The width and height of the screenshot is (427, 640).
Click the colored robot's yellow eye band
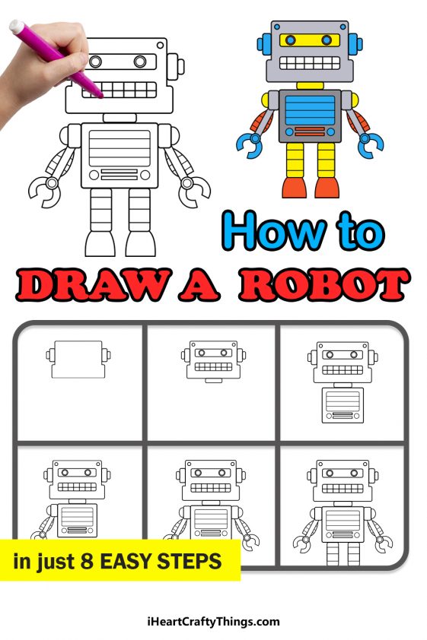(x=308, y=40)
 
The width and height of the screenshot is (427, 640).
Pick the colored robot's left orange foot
(x=293, y=187)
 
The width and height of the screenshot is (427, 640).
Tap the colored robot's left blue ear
(x=263, y=43)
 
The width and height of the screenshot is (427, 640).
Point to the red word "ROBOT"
(x=323, y=286)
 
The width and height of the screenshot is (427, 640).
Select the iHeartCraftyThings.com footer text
(x=214, y=622)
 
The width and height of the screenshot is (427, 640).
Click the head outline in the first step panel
(x=79, y=360)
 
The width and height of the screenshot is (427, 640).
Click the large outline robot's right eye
(x=141, y=61)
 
